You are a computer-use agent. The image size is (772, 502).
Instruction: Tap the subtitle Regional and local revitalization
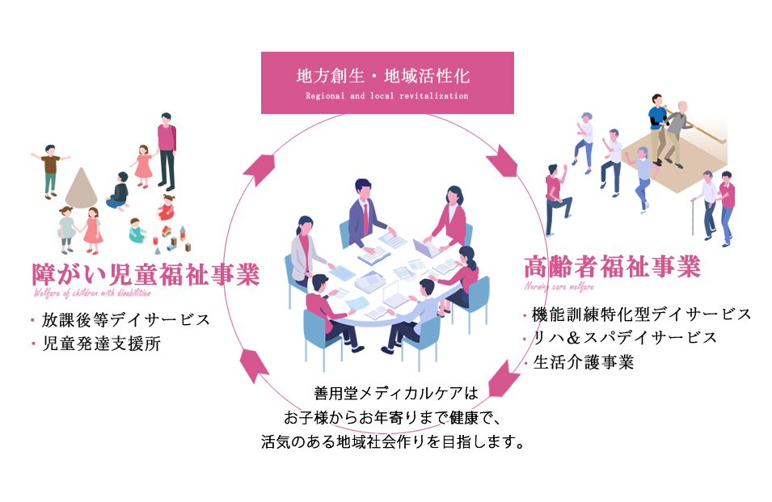pyautogui.click(x=386, y=95)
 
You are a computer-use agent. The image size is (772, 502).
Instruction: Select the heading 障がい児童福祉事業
pyautogui.click(x=146, y=274)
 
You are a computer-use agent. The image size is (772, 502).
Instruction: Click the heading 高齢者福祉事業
pyautogui.click(x=611, y=266)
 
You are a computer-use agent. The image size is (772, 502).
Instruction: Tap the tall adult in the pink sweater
pyautogui.click(x=166, y=150)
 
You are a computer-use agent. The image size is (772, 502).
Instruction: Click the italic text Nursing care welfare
pyautogui.click(x=559, y=287)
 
